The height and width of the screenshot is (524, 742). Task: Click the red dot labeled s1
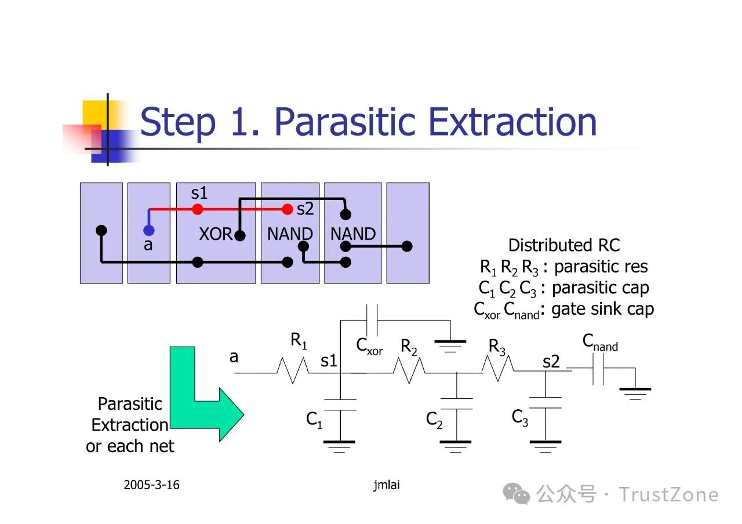point(198,209)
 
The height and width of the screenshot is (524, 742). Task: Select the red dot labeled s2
point(287,209)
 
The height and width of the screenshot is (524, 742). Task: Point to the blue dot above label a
point(148,230)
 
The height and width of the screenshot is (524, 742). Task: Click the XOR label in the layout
point(216,234)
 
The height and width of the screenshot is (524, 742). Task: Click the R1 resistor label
point(299,341)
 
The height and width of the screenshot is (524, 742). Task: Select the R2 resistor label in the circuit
point(409,347)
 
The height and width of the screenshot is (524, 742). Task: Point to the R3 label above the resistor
point(497,347)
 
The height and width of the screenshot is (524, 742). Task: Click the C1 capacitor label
point(314,419)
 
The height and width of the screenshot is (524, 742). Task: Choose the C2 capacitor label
point(434,419)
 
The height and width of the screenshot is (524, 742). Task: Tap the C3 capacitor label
point(520,417)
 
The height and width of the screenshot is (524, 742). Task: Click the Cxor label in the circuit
point(369,347)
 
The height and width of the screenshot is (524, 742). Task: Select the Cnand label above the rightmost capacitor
point(600,343)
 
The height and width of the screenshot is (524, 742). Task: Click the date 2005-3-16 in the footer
point(151,485)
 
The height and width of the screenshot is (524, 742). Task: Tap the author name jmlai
point(387,485)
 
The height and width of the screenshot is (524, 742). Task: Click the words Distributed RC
point(563,245)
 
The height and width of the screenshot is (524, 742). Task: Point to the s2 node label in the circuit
point(551,362)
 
